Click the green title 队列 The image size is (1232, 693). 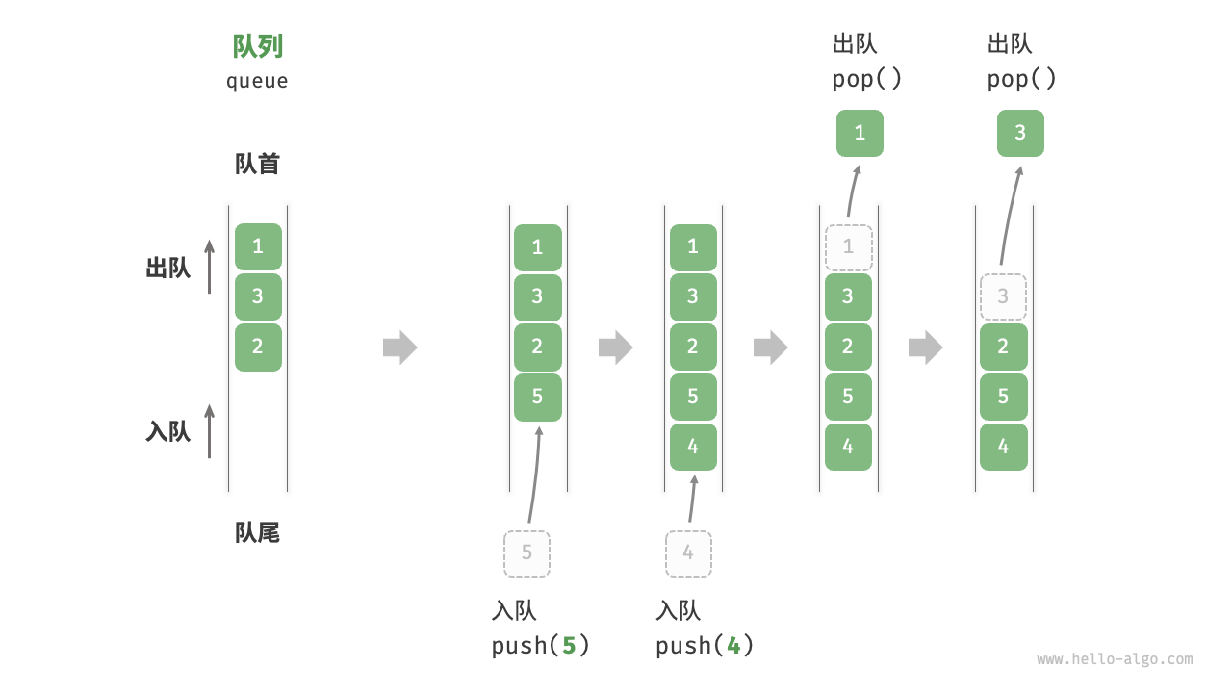tap(258, 46)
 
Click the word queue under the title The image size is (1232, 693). tap(257, 81)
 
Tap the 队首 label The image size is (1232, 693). tap(257, 164)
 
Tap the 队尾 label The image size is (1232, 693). tap(257, 532)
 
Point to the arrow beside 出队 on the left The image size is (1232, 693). tap(209, 267)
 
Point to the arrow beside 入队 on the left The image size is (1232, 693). tap(209, 431)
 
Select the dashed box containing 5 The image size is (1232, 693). tap(526, 553)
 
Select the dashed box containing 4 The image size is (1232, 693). tap(688, 553)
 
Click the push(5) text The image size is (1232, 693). tap(540, 645)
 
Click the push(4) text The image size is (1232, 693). tap(705, 645)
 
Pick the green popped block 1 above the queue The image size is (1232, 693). tap(860, 133)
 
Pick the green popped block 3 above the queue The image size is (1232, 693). tap(1020, 133)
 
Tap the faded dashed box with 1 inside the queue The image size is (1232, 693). tap(848, 247)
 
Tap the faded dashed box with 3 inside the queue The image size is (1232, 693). tap(1003, 297)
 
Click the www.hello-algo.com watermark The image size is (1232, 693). tap(1115, 659)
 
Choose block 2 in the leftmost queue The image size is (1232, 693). tap(258, 346)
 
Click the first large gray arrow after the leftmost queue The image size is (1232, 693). tap(400, 347)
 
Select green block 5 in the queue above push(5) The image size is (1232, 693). tap(537, 398)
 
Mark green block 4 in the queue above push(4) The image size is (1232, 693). tap(693, 447)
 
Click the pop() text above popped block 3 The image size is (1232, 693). tap(1021, 79)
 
